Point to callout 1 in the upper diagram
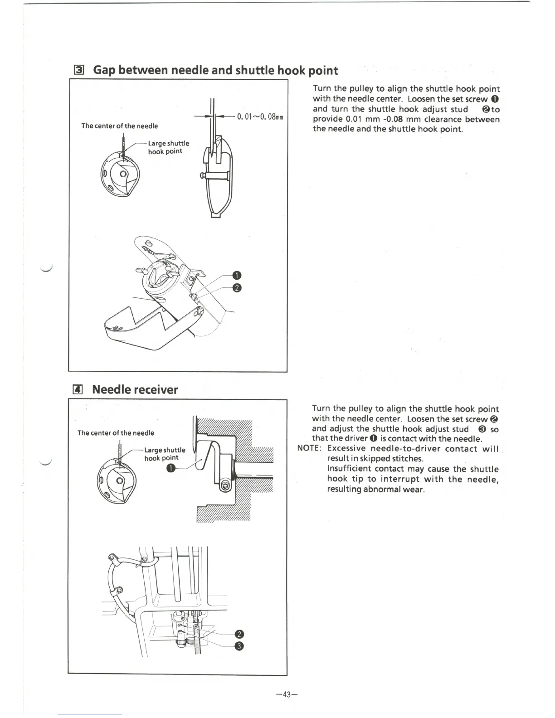(236, 275)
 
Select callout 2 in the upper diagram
(236, 288)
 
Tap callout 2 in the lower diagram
(240, 635)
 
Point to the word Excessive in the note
(346, 449)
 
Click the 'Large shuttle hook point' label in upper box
(168, 147)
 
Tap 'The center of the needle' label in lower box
(116, 433)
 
